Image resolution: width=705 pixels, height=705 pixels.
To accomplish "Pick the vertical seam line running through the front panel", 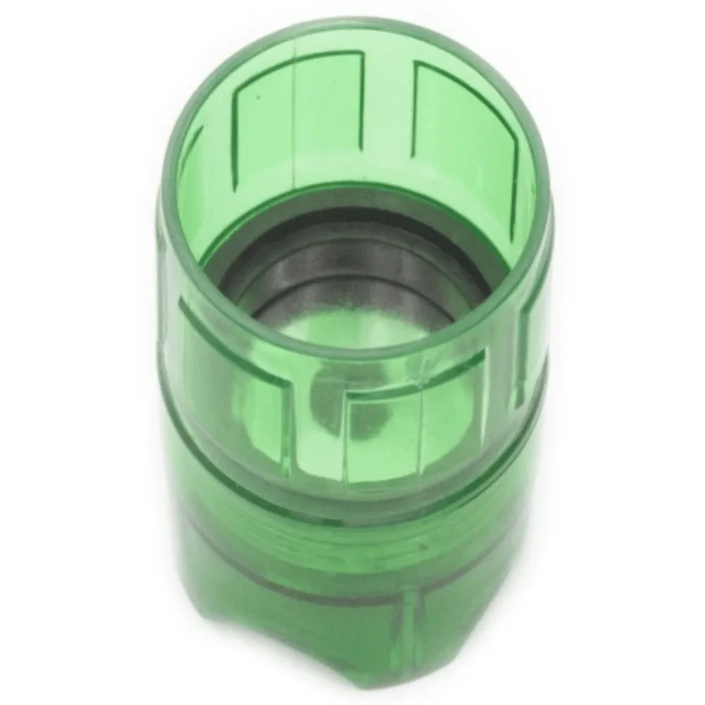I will (x=422, y=437).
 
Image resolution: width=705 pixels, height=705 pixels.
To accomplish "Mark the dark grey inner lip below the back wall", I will (x=352, y=240).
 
